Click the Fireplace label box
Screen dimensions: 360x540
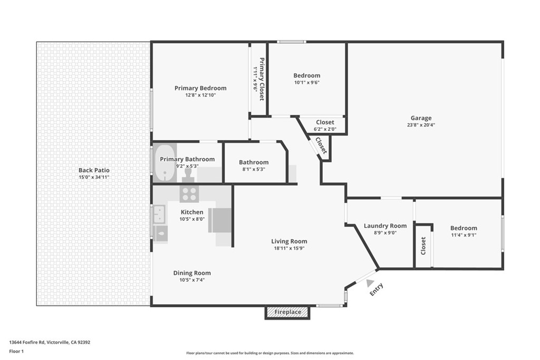[287, 312]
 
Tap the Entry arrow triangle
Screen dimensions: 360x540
[370, 283]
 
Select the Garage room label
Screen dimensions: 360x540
[421, 118]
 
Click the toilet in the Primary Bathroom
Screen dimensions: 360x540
[187, 172]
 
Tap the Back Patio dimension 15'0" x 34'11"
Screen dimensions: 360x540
[94, 178]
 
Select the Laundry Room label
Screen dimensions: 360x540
[385, 226]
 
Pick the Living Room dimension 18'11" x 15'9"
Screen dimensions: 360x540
[290, 248]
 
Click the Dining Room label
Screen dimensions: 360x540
[192, 273]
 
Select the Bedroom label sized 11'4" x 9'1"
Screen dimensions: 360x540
[464, 228]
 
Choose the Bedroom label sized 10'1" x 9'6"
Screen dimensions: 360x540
[307, 75]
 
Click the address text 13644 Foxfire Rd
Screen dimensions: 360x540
[50, 342]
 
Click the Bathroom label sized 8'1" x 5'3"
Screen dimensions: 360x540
[254, 162]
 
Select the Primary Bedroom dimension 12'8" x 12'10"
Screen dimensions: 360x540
[200, 95]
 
